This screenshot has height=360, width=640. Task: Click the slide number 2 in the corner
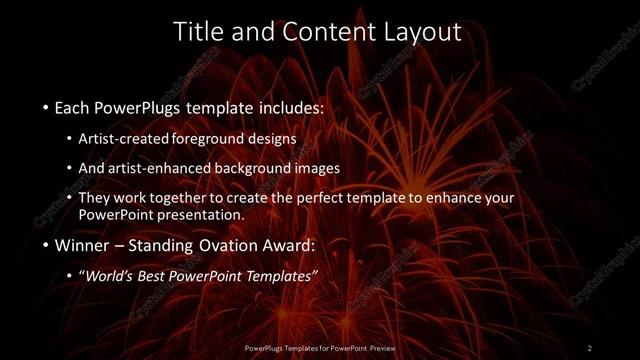[x=590, y=347]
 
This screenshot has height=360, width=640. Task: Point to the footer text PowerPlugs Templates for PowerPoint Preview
[x=320, y=348]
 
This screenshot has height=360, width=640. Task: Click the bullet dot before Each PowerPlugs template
[x=47, y=106]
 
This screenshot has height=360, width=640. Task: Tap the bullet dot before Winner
[x=47, y=244]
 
